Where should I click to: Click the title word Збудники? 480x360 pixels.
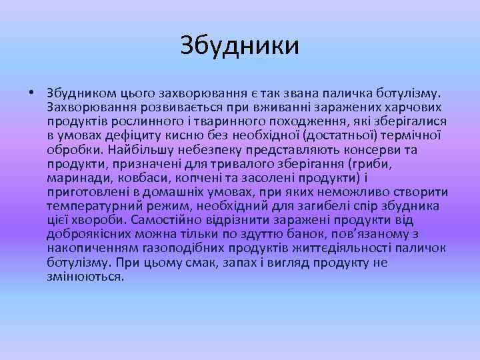[x=240, y=46]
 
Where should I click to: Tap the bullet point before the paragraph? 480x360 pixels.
[x=31, y=92]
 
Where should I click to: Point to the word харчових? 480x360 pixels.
[x=413, y=107]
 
